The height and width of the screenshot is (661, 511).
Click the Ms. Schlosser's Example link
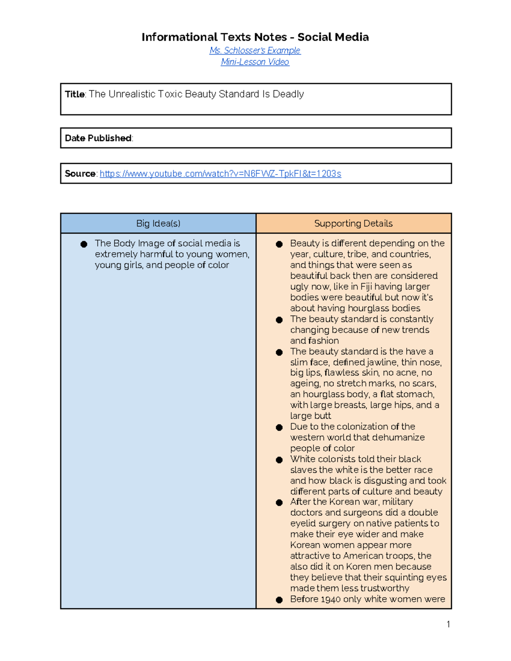click(255, 50)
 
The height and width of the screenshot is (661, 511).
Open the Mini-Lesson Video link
click(255, 62)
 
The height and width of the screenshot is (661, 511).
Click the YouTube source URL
click(220, 174)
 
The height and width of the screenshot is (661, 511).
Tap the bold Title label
click(75, 94)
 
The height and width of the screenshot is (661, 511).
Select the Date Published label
click(98, 138)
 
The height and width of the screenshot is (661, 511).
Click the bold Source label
click(80, 174)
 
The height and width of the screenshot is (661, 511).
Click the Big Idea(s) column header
click(158, 223)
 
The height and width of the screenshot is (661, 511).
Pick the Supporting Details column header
click(353, 223)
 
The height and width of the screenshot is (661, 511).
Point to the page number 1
click(448, 624)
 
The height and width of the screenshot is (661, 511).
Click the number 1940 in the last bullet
click(330, 599)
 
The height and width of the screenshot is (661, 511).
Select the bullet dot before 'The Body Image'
click(84, 244)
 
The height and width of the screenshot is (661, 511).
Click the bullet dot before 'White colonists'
click(279, 460)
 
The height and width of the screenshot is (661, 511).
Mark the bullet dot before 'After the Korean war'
click(279, 503)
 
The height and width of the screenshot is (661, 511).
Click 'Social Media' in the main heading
click(333, 37)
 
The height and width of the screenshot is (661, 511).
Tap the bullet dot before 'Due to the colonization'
click(279, 427)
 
